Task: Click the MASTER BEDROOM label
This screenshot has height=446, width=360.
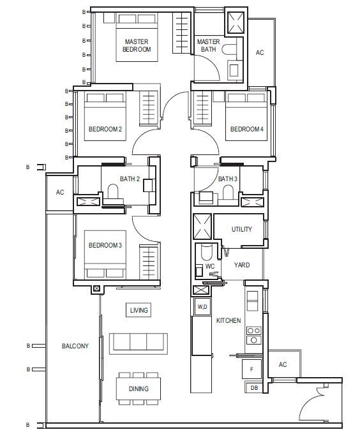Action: point(137,45)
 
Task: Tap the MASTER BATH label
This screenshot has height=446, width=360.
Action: point(208,45)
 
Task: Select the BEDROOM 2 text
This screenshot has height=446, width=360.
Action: point(105,129)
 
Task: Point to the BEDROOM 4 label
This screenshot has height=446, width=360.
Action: point(247,129)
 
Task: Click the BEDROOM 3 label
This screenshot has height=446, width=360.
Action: point(105,245)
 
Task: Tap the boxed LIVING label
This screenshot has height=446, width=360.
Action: point(139,310)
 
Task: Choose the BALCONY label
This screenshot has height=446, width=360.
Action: point(75,346)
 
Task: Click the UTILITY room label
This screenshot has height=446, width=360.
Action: point(242,229)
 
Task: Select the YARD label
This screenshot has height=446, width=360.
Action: point(242,265)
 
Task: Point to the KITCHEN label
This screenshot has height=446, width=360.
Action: point(229,320)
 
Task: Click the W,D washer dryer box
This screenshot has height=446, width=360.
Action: point(202,307)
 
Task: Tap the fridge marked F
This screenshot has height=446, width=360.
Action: point(251,369)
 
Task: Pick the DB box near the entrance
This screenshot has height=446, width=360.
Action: point(254,388)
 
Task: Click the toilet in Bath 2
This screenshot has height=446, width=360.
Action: point(113,191)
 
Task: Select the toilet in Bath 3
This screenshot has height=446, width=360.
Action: point(228,192)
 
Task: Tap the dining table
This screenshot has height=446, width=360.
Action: point(139,389)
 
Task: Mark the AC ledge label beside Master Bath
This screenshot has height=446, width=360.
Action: point(260,52)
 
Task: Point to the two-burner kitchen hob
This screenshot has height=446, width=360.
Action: point(253,335)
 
